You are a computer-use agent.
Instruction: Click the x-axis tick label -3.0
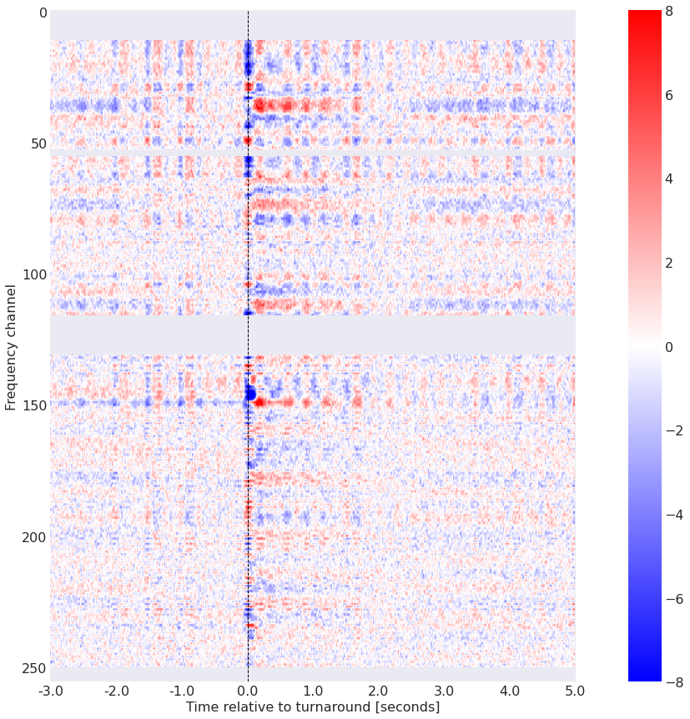(x=50, y=691)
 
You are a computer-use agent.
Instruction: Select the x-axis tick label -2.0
(x=116, y=691)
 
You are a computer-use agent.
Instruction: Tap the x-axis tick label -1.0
(x=181, y=691)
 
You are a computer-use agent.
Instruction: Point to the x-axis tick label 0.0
(x=248, y=691)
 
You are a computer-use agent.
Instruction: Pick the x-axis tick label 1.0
(x=313, y=691)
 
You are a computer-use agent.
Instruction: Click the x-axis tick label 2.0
(x=379, y=691)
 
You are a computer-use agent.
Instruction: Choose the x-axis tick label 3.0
(x=444, y=691)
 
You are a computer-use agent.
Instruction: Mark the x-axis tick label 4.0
(x=510, y=691)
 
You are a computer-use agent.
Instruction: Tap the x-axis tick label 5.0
(x=575, y=691)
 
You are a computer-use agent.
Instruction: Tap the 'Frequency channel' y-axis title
(x=11, y=346)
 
